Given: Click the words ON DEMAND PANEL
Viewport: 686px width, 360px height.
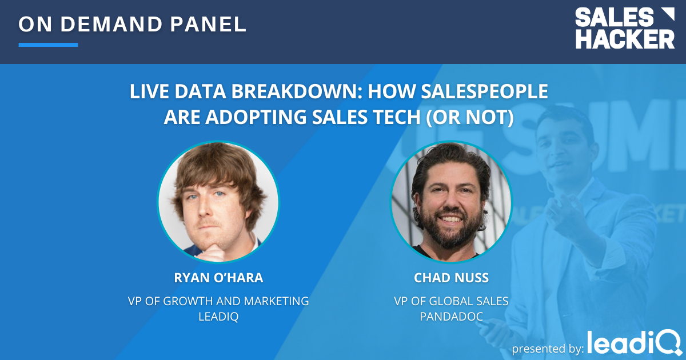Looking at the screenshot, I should click(133, 24).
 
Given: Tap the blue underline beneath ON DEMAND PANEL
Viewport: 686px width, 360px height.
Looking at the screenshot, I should click(48, 45).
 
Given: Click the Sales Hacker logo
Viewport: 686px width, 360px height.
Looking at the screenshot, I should click(624, 29).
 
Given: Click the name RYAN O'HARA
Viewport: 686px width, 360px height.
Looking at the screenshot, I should click(218, 278).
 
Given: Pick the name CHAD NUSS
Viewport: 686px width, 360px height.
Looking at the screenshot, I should click(451, 278).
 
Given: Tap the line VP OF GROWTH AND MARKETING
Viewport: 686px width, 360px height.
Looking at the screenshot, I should click(218, 301).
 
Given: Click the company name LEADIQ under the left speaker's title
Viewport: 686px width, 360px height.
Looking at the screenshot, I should click(218, 317).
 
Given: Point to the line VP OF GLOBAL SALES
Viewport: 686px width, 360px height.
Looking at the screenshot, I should click(451, 301).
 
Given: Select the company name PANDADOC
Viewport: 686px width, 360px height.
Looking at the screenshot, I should click(451, 317).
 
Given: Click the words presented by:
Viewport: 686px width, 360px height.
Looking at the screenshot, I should click(547, 347).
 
